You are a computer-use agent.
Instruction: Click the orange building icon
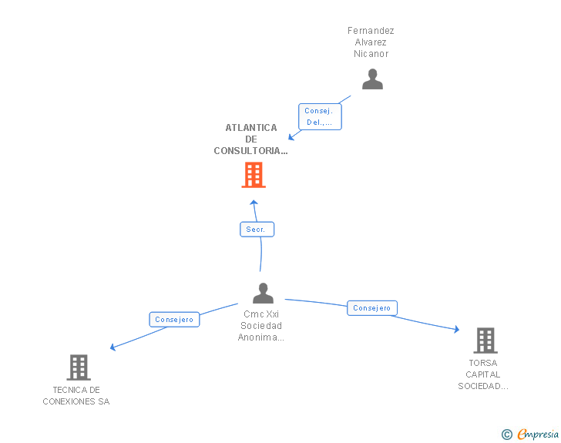tap(254, 175)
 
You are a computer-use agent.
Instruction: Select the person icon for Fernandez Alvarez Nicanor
tap(372, 79)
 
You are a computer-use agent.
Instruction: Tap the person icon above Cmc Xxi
tap(263, 293)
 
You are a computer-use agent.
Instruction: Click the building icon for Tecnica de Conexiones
tap(79, 367)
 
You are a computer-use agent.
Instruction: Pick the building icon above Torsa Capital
tap(485, 341)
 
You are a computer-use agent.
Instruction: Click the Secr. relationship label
tap(257, 230)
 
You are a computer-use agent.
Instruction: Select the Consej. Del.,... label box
tap(320, 116)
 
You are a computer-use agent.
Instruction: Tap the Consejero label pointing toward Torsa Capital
tap(372, 308)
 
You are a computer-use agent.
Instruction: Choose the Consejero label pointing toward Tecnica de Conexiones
tap(174, 320)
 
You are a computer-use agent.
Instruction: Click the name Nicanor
tap(371, 54)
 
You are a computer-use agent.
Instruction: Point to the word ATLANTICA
tap(251, 128)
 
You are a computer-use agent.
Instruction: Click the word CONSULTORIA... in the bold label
tap(250, 151)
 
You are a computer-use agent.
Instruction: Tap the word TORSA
tap(483, 363)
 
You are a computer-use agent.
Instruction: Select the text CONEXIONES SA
tap(76, 401)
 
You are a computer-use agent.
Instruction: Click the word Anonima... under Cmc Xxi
tap(260, 337)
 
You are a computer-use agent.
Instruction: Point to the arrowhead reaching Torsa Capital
tap(456, 329)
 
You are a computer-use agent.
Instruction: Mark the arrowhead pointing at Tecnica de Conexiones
tap(113, 347)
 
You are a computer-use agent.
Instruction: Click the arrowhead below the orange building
tap(254, 203)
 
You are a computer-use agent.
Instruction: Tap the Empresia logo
tap(538, 434)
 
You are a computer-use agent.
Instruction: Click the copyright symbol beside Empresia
tap(506, 435)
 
